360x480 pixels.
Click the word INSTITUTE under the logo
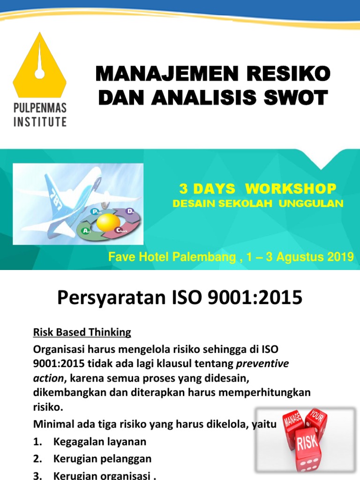tap(40, 122)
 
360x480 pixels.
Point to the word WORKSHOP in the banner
tap(291, 189)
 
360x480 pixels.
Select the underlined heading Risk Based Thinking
tap(82, 332)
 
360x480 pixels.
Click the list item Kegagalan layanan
tap(100, 441)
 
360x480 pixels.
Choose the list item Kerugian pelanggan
tap(102, 458)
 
